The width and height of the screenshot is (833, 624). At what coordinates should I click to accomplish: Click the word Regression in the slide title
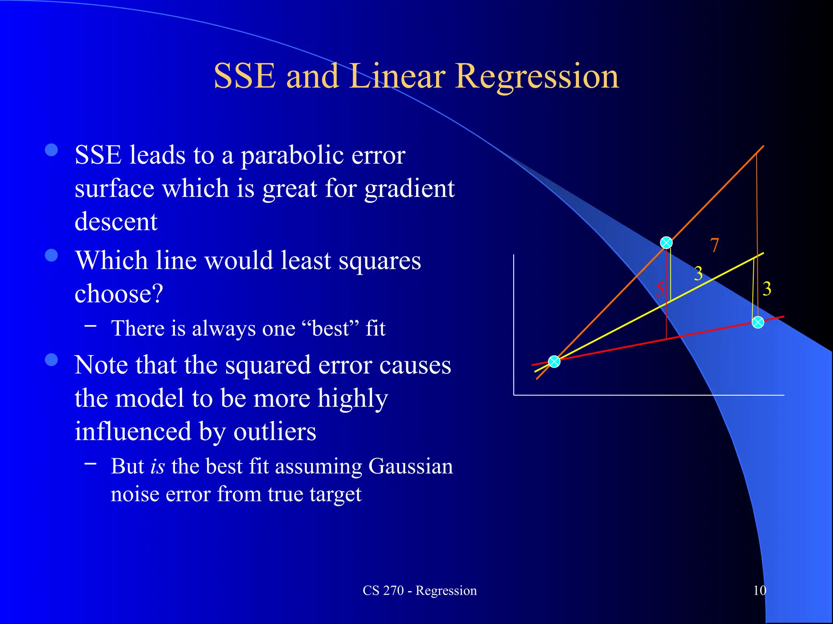pos(537,76)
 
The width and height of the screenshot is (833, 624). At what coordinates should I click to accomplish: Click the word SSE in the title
pos(244,76)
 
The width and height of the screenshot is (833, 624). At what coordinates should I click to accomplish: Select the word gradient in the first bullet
pos(409,189)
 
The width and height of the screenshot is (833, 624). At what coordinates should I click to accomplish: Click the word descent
pos(116,222)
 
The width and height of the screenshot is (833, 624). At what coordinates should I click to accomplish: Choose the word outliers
pos(275,431)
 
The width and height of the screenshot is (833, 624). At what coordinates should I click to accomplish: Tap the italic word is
pos(157,466)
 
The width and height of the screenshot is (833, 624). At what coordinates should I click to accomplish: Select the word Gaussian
pos(410,466)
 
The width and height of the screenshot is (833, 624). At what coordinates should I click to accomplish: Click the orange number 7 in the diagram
pos(714,245)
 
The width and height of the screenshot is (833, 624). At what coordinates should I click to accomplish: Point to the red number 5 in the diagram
pos(660,289)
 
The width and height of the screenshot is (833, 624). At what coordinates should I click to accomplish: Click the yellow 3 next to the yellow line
pos(698,274)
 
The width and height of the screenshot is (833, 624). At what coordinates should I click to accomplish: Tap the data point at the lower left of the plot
pos(554,361)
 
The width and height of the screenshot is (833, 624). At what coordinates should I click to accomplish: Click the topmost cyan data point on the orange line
pos(666,243)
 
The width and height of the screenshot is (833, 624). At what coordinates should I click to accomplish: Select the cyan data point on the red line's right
pos(758,323)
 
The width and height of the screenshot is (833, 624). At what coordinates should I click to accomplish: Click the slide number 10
pos(759,590)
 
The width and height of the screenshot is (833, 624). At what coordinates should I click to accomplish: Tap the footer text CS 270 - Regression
pos(419,590)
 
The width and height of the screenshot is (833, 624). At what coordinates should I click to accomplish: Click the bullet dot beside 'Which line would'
pos(52,256)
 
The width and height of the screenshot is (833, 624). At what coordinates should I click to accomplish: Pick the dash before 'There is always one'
pos(91,325)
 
